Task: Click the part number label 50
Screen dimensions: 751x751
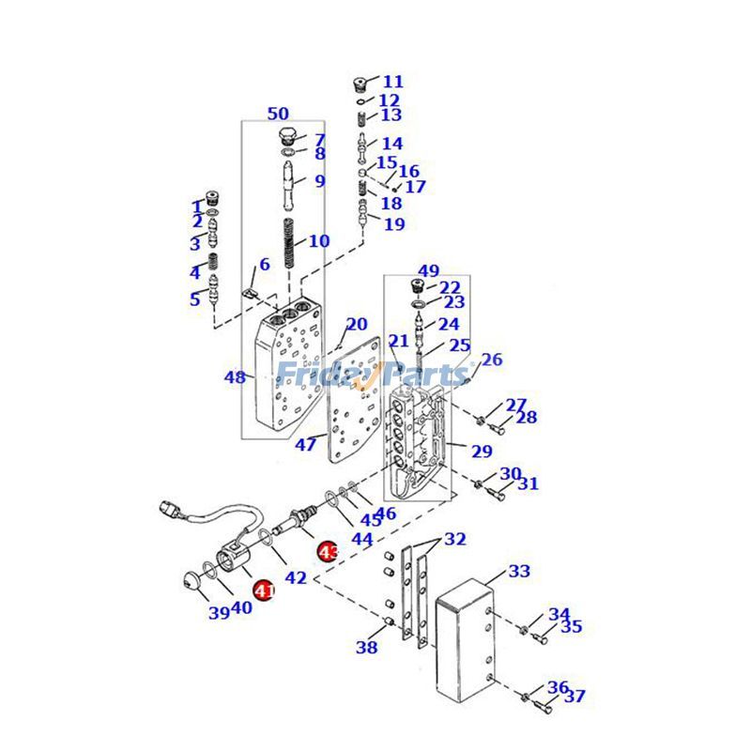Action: tap(278, 114)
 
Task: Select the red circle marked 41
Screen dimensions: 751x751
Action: tap(264, 590)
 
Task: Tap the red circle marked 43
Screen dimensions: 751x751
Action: tap(328, 552)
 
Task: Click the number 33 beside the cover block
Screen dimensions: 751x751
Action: tap(519, 571)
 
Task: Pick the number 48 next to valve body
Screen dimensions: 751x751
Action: tap(235, 377)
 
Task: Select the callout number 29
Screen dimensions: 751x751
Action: tap(482, 452)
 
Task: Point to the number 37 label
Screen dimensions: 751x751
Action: tap(575, 697)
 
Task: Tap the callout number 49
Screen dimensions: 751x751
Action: tap(428, 271)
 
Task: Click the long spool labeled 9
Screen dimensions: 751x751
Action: tap(287, 183)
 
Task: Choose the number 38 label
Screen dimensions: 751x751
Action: tap(366, 647)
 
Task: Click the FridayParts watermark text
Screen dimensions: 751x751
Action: tap(373, 373)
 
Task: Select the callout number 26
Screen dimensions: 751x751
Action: tap(492, 360)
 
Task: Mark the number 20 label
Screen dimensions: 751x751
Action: tap(357, 325)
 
